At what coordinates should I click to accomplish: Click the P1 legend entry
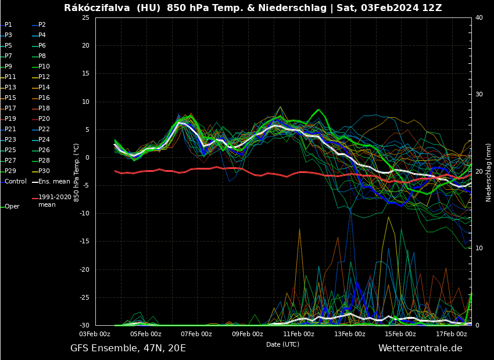(x=8, y=25)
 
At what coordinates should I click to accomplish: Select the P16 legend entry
(x=44, y=98)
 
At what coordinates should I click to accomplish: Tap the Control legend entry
(x=16, y=182)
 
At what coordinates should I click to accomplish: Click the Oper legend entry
(x=12, y=207)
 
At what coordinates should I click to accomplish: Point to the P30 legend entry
(x=44, y=171)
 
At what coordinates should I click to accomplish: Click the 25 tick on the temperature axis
(x=85, y=18)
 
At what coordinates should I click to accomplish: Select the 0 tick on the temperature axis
(x=87, y=158)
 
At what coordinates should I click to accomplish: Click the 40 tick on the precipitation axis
(x=479, y=18)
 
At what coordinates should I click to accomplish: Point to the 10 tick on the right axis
(x=479, y=249)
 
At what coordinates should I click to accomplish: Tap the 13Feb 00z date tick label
(x=349, y=334)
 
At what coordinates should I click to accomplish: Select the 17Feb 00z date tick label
(x=451, y=334)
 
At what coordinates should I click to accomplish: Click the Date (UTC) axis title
(x=283, y=345)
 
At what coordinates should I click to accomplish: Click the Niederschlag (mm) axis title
(x=489, y=172)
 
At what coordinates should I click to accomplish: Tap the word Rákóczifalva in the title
(x=96, y=8)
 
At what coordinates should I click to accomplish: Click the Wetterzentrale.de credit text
(x=420, y=348)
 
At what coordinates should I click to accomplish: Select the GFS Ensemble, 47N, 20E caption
(x=128, y=348)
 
